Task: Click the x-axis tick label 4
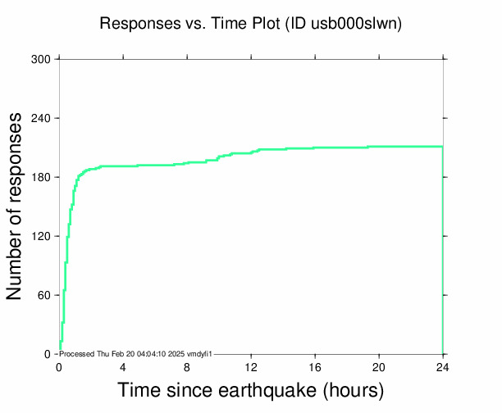point(123,367)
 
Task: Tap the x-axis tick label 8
point(187,367)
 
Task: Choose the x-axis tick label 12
point(251,367)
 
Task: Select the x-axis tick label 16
point(315,367)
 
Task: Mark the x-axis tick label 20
point(379,367)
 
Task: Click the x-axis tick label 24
point(443,367)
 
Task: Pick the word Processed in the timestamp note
point(78,354)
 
